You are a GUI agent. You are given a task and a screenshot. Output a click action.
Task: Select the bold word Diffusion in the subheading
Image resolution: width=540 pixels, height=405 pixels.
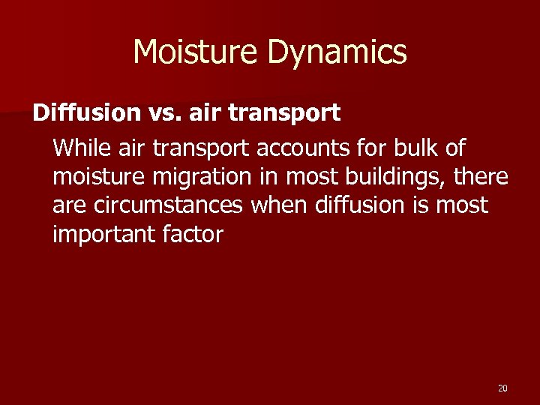click(86, 113)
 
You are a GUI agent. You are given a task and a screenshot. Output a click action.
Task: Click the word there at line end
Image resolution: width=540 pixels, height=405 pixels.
click(481, 177)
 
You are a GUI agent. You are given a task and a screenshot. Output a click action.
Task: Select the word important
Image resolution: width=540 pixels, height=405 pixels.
click(103, 235)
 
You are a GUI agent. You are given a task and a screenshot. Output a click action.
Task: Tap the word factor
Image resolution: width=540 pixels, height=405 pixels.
click(192, 235)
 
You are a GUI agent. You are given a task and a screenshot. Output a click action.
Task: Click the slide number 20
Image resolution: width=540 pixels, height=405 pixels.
click(502, 388)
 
